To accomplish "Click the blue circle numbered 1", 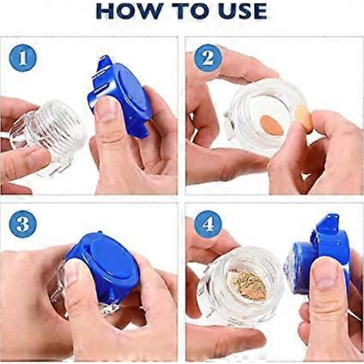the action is click(22, 58).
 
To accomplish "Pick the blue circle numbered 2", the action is click(208, 58).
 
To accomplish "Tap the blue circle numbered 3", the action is click(22, 224).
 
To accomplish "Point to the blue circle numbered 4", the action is click(208, 224).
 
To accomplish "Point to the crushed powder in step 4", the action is click(248, 285).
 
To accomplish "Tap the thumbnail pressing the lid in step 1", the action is click(106, 110).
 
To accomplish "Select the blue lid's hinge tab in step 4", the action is click(327, 223).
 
